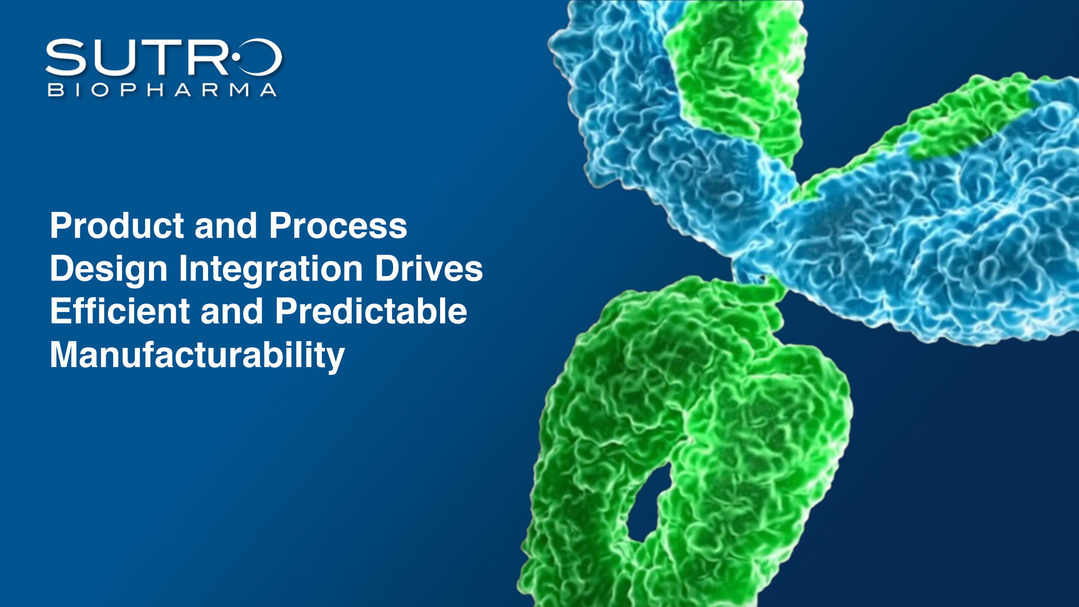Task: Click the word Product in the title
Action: (117, 226)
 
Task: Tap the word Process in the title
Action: (338, 226)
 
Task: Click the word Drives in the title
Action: (429, 269)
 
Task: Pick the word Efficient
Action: (120, 311)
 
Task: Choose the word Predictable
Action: (371, 311)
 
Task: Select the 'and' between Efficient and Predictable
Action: (232, 311)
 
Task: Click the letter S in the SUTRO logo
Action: (66, 57)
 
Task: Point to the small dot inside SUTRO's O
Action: (236, 57)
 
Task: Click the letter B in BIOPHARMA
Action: (56, 90)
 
